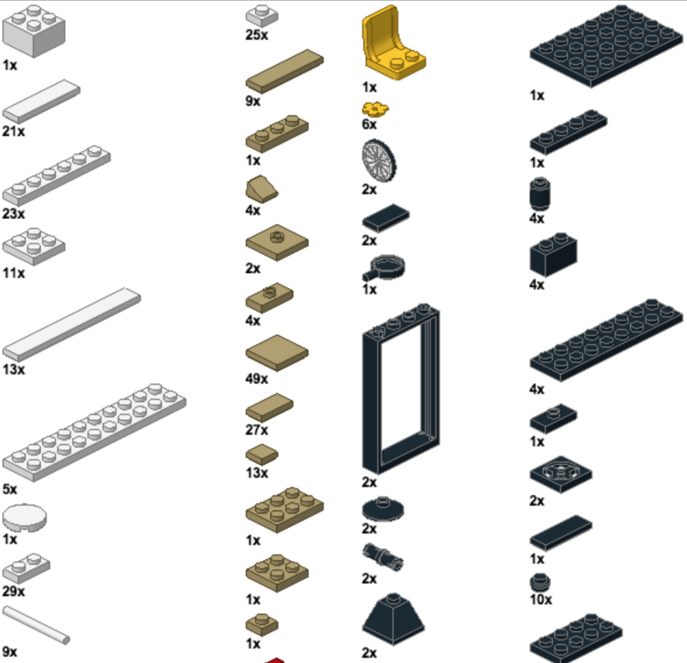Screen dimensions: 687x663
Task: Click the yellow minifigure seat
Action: pyautogui.click(x=392, y=44)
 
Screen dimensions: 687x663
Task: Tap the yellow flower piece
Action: pyautogui.click(x=375, y=109)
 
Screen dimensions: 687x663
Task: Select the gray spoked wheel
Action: pyautogui.click(x=379, y=160)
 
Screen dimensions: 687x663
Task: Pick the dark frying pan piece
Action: pyautogui.click(x=383, y=268)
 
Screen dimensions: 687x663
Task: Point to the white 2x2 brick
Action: pyautogui.click(x=33, y=31)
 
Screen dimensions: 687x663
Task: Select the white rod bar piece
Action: pyautogui.click(x=36, y=625)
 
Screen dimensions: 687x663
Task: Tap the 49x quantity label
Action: pyautogui.click(x=257, y=378)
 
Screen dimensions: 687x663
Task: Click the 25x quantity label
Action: pyautogui.click(x=257, y=35)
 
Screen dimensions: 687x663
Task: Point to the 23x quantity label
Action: pyautogui.click(x=14, y=214)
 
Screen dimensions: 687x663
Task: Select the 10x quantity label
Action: pyautogui.click(x=541, y=599)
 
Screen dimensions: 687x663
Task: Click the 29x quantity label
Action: pyautogui.click(x=14, y=591)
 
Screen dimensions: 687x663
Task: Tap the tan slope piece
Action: pyautogui.click(x=262, y=189)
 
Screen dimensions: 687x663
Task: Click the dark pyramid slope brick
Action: pyautogui.click(x=393, y=619)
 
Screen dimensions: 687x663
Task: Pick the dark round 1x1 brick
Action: pyautogui.click(x=540, y=194)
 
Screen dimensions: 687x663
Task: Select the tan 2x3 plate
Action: pyautogui.click(x=284, y=510)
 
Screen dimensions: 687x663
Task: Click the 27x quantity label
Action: pyautogui.click(x=257, y=429)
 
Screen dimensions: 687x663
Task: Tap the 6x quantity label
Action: pyautogui.click(x=369, y=124)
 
